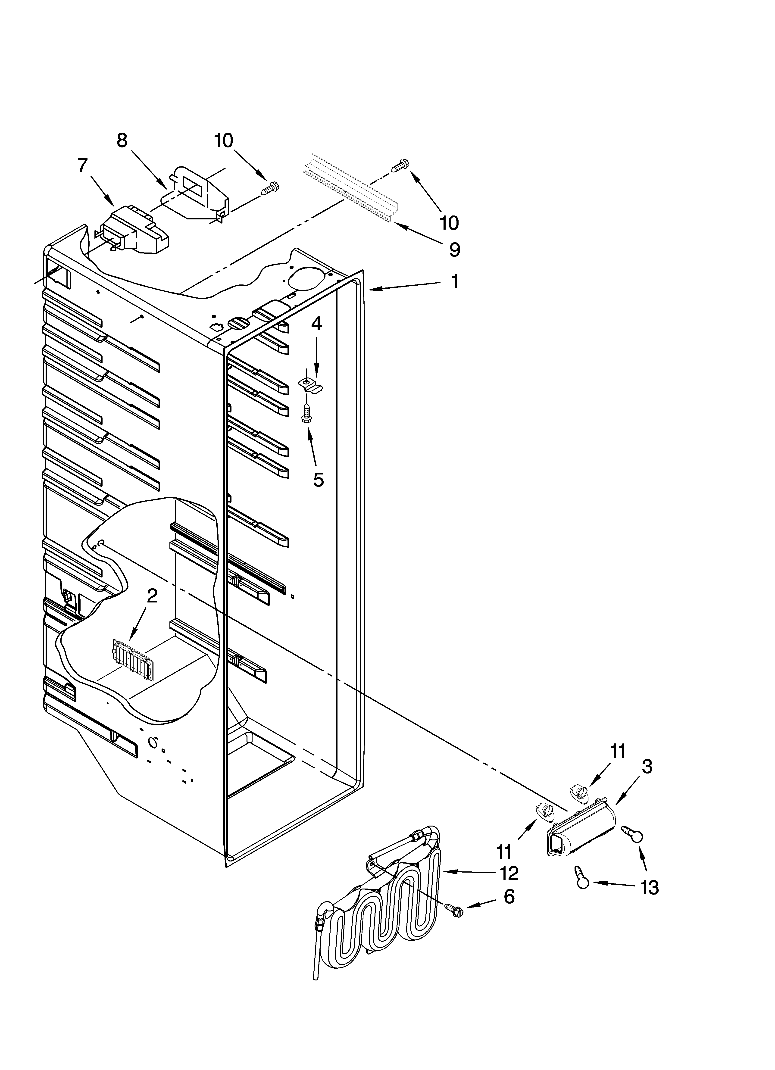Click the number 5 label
[319, 480]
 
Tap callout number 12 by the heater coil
[509, 873]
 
